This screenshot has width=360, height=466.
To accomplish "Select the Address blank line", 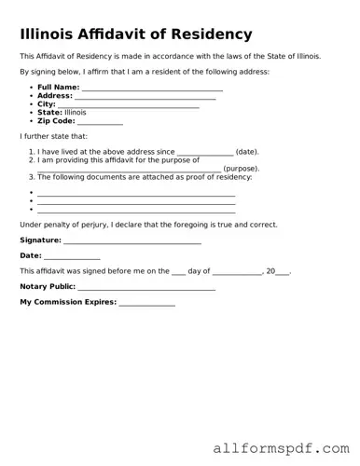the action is [x=145, y=97].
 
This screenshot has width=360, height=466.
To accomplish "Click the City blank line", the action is [x=129, y=105].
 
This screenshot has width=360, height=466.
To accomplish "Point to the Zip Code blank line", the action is [x=101, y=122].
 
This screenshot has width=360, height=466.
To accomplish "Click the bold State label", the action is [x=48, y=113].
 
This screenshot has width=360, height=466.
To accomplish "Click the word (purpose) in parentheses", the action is [x=241, y=169].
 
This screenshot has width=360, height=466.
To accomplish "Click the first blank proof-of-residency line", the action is [x=136, y=192].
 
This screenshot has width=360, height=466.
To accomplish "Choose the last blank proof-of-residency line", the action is [x=136, y=211].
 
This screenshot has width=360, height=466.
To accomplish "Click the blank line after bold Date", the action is [x=72, y=256].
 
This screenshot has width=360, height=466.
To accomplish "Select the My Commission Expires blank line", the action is [x=146, y=303].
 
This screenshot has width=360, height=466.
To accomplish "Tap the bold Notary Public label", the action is [x=48, y=287].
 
